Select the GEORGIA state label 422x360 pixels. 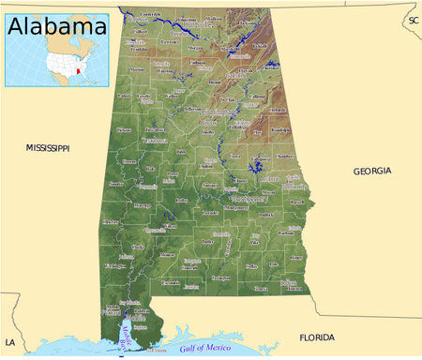[372, 171]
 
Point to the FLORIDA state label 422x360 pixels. [317, 337]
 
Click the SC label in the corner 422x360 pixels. [412, 20]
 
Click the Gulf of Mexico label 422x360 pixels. [211, 335]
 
